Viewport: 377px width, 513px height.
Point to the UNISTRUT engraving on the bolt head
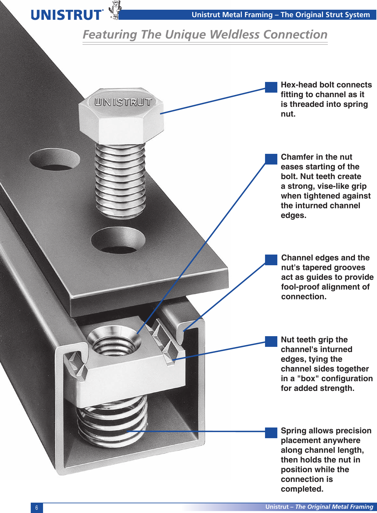[123, 102]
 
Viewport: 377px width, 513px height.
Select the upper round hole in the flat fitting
[54, 159]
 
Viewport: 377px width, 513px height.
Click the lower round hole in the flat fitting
[118, 240]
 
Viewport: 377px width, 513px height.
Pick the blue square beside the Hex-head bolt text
[271, 87]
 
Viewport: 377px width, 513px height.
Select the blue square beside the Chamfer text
[271, 159]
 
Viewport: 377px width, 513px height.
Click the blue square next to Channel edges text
[271, 260]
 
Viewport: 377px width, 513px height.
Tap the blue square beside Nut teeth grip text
[271, 341]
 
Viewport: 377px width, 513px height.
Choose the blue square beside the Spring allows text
[271, 433]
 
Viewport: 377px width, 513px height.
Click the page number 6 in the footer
[37, 507]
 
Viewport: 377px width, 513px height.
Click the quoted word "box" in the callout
[308, 379]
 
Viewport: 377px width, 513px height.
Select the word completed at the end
[302, 489]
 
